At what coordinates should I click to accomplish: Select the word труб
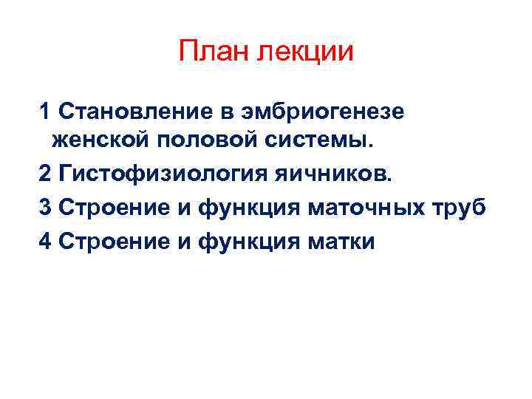coord(463,207)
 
